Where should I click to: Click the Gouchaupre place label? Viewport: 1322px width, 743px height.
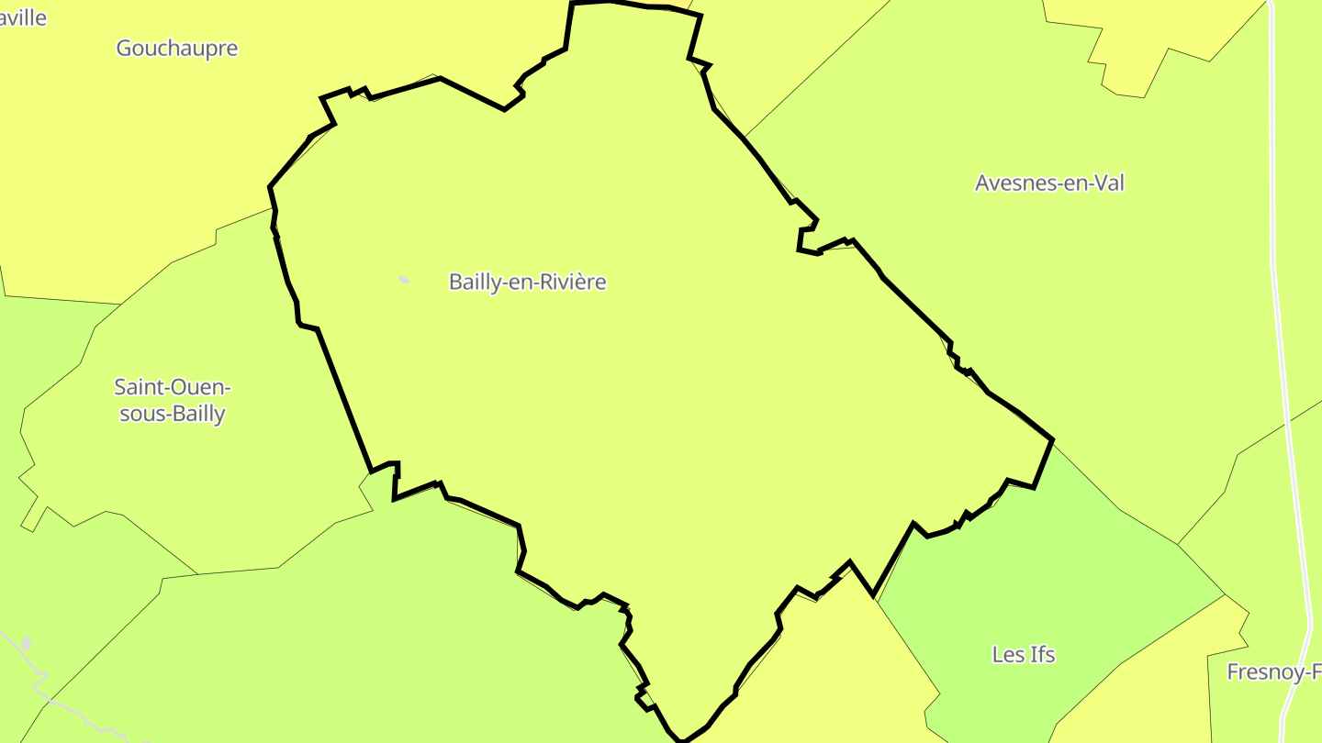pos(176,49)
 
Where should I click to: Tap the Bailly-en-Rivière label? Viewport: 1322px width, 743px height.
pos(527,282)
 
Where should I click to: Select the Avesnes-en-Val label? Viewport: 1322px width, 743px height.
pos(1049,183)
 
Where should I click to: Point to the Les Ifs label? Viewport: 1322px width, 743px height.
pos(1023,654)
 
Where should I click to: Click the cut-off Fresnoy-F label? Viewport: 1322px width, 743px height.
pos(1273,672)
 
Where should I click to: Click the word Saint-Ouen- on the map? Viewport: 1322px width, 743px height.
pos(173,386)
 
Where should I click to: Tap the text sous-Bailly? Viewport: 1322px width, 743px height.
pos(173,414)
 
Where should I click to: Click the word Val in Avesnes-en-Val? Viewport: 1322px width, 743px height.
pos(1107,183)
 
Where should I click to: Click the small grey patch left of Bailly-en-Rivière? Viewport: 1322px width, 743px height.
pos(403,279)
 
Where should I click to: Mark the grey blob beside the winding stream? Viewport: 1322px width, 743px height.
pos(27,643)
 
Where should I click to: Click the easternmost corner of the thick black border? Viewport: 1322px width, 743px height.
pos(1052,440)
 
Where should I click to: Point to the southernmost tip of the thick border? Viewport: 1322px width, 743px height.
pos(681,740)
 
